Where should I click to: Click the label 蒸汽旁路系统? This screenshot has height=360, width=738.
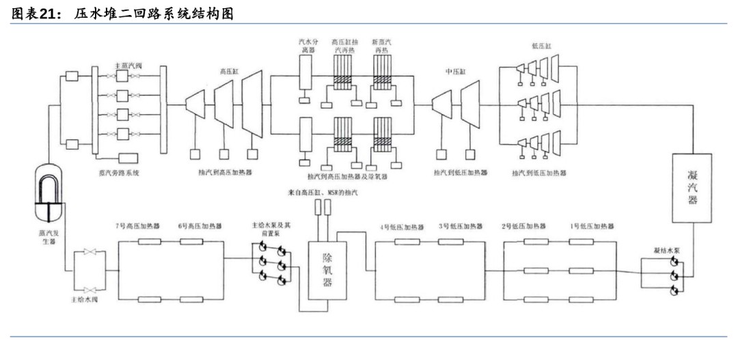(120, 173)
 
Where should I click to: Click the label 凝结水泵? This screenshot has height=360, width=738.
(666, 251)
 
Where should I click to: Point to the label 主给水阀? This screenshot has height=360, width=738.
(85, 300)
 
